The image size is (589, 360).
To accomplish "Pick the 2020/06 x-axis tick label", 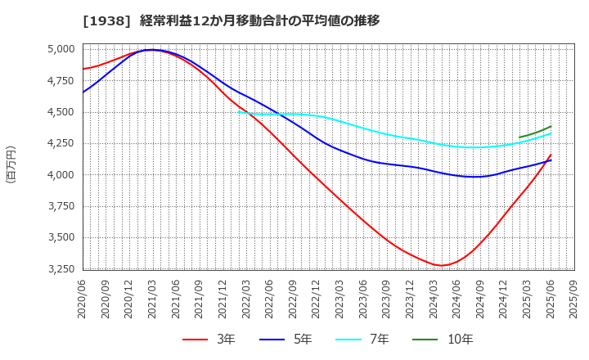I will pyautogui.click(x=83, y=299).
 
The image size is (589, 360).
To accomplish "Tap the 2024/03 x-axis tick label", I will pyautogui.click(x=434, y=299).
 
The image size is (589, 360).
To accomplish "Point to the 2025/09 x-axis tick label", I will pyautogui.click(x=574, y=299).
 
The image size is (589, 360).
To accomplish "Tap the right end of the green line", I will pyautogui.click(x=551, y=126).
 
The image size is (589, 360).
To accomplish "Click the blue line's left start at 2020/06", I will pyautogui.click(x=83, y=92).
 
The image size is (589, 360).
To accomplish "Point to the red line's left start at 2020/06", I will pyautogui.click(x=83, y=69).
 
